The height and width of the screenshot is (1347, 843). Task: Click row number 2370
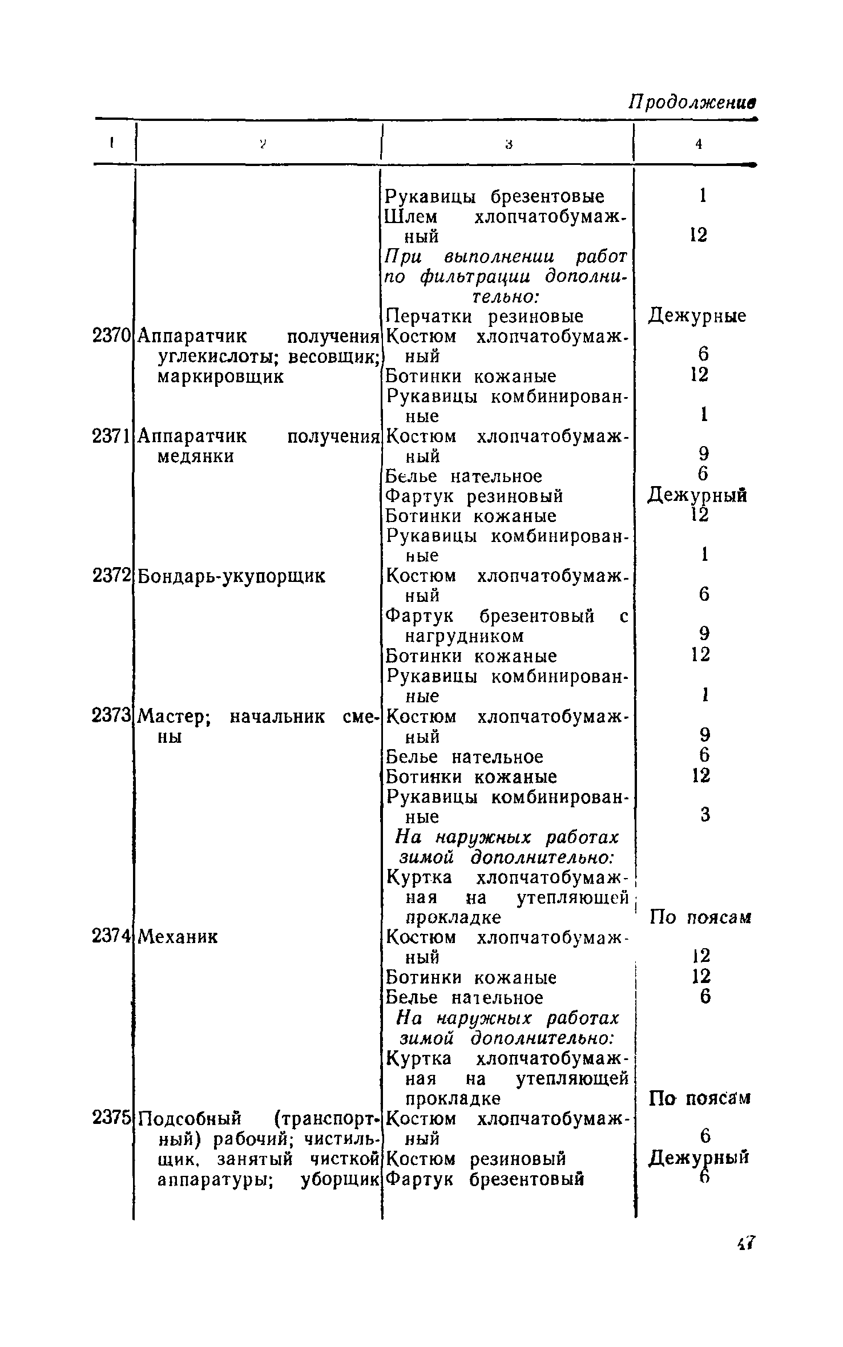pyautogui.click(x=111, y=336)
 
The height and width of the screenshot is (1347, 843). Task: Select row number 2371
pyautogui.click(x=111, y=436)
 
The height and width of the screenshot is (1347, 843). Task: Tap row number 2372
pyautogui.click(x=111, y=576)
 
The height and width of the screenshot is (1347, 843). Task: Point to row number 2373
pyautogui.click(x=111, y=717)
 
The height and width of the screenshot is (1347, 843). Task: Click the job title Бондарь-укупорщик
pyautogui.click(x=232, y=576)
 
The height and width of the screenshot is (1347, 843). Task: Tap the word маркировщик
pyautogui.click(x=220, y=377)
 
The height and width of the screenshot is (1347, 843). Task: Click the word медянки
pyautogui.click(x=195, y=457)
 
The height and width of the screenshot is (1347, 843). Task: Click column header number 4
pyautogui.click(x=698, y=145)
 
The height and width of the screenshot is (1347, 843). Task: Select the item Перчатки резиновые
pyautogui.click(x=485, y=316)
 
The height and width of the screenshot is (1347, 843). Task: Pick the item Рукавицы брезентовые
pyautogui.click(x=495, y=196)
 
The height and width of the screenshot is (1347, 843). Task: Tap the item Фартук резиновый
pyautogui.click(x=474, y=496)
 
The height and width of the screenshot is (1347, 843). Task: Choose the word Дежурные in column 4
pyautogui.click(x=697, y=316)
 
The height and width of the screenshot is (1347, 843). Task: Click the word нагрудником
pyautogui.click(x=464, y=636)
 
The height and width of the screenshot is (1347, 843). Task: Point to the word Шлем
pyautogui.click(x=412, y=217)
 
